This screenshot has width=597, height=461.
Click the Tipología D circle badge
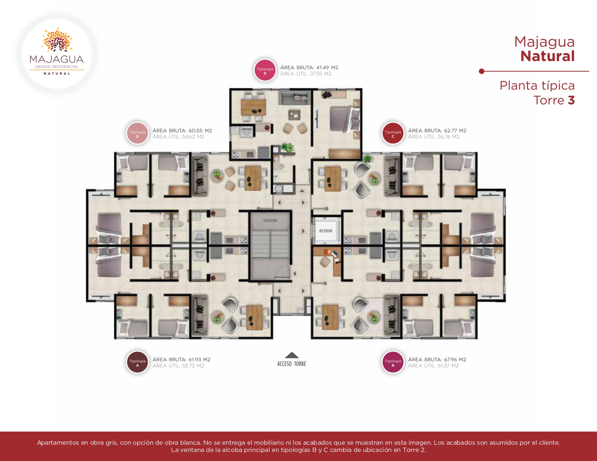265,70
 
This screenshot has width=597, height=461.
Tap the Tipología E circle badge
137,133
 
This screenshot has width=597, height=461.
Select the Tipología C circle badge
393,133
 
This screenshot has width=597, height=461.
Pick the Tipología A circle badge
137,362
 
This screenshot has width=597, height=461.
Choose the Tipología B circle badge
393,362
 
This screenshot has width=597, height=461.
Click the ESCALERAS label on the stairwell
270,221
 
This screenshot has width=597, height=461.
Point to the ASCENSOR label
326,231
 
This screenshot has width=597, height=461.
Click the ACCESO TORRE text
292,364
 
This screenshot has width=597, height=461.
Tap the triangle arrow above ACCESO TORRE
292,355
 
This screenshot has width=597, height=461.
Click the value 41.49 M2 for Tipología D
327,68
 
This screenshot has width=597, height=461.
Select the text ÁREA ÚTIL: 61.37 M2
433,366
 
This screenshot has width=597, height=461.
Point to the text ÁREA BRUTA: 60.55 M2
182,131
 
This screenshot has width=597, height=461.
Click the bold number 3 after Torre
571,101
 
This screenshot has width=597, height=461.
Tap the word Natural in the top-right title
547,56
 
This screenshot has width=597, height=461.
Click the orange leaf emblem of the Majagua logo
57,40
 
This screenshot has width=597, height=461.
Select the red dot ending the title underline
481,71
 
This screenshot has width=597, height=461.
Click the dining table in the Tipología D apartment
253,108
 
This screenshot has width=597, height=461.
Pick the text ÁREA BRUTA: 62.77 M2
437,131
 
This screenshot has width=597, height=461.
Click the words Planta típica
537,86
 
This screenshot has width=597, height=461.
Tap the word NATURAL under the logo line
57,74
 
